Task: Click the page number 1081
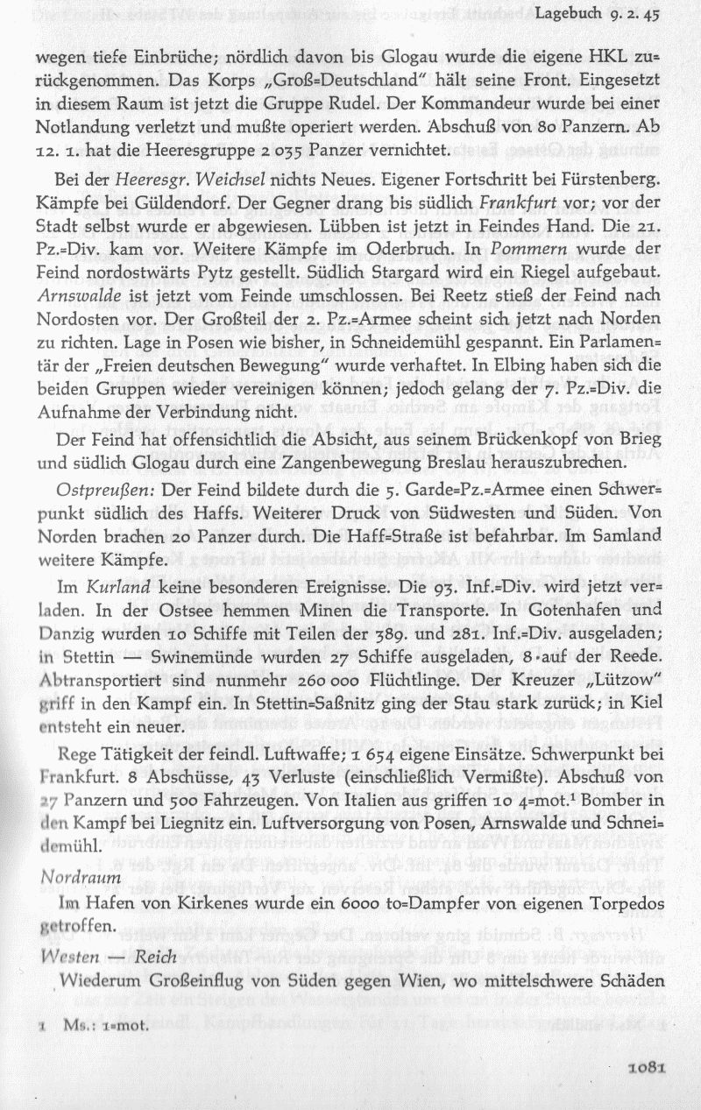tap(648, 1067)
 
